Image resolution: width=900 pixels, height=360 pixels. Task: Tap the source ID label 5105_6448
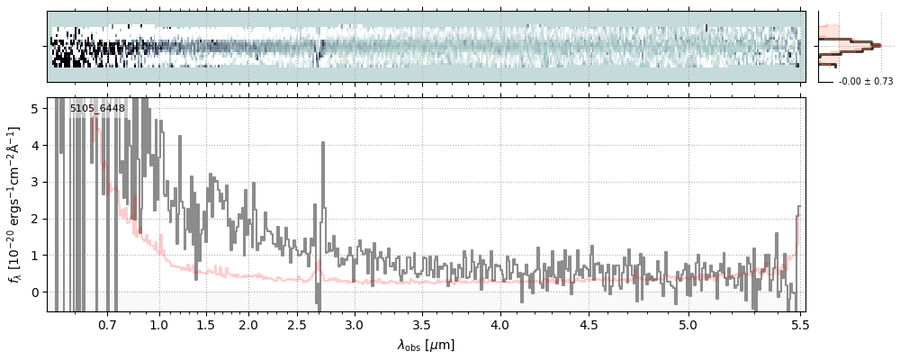pos(97,109)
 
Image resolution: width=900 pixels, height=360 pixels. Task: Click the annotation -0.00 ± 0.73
pos(866,82)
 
